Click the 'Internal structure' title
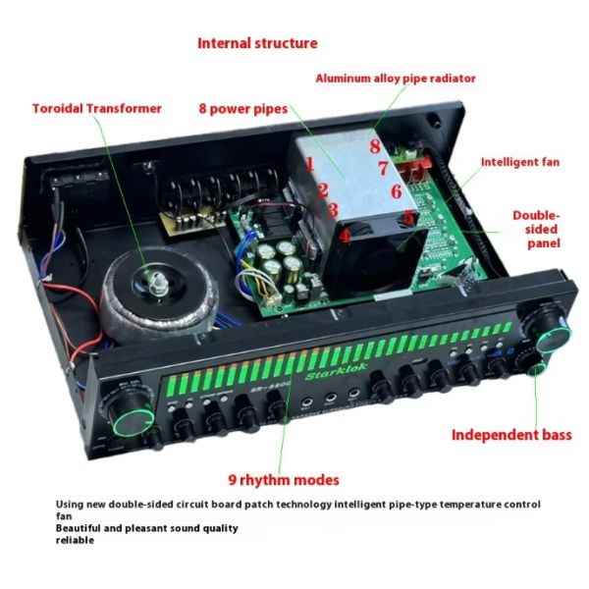pos(257,43)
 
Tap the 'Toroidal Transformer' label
pos(96,108)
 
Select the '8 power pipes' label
pos(243,108)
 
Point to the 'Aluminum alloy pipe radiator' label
pos(395,78)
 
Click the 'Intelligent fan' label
pos(519,162)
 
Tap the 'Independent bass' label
pos(510,434)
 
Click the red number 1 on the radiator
pos(309,165)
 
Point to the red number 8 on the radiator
pos(375,146)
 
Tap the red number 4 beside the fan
pos(345,235)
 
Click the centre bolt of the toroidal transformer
pos(156,287)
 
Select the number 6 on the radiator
pos(397,191)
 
